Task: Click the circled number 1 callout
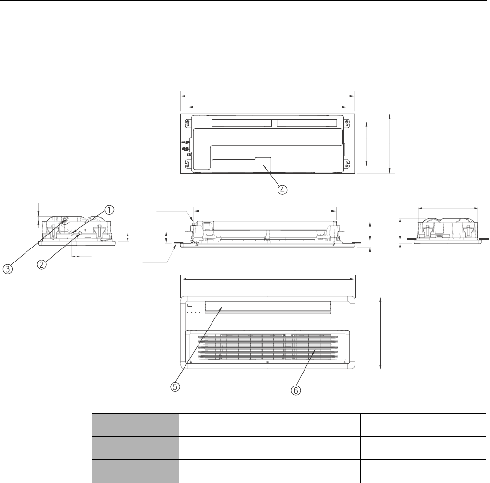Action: (110, 209)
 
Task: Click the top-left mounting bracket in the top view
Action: (187, 121)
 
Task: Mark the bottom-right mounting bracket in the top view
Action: (347, 166)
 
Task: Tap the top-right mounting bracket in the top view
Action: (347, 121)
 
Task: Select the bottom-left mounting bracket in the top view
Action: (187, 166)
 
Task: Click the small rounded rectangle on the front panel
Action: (189, 304)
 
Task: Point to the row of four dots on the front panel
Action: (194, 313)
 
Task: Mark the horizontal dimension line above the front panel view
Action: (267, 278)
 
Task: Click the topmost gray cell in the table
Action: (135, 418)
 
